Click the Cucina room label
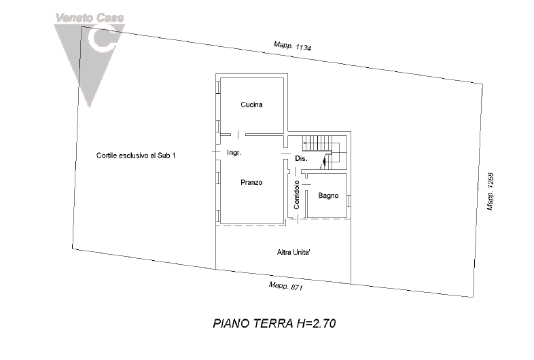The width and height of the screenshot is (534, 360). (x=251, y=105)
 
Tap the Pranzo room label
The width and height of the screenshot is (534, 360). (x=251, y=182)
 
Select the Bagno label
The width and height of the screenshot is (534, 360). (x=328, y=196)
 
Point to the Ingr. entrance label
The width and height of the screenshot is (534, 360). (x=234, y=154)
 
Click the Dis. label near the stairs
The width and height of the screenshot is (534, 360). (x=302, y=158)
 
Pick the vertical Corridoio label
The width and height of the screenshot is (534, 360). (x=298, y=194)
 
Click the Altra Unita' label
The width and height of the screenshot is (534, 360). (x=293, y=252)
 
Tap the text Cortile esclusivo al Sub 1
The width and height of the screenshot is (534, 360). (x=137, y=156)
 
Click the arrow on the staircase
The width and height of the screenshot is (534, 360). (x=325, y=160)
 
